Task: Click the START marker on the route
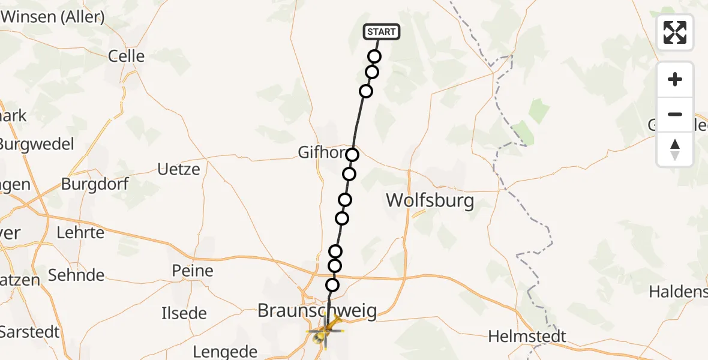pos(381,32)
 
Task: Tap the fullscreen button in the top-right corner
pos(675,32)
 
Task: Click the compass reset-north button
pos(675,149)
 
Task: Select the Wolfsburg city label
pos(430,200)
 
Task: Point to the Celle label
pos(126,56)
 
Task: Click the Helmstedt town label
pos(527,337)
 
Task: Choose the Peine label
pos(193,271)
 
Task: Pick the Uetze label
pos(178,169)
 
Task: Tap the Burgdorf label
pos(95,184)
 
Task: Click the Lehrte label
pos(80,232)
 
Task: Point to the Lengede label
pos(226,352)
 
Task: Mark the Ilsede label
pos(184,313)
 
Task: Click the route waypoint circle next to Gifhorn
pos(352,155)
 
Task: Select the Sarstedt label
pos(30,331)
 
